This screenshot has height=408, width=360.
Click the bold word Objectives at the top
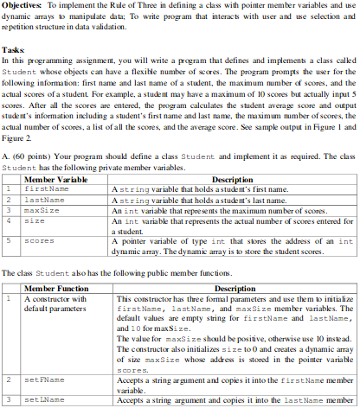(x=20, y=5)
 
